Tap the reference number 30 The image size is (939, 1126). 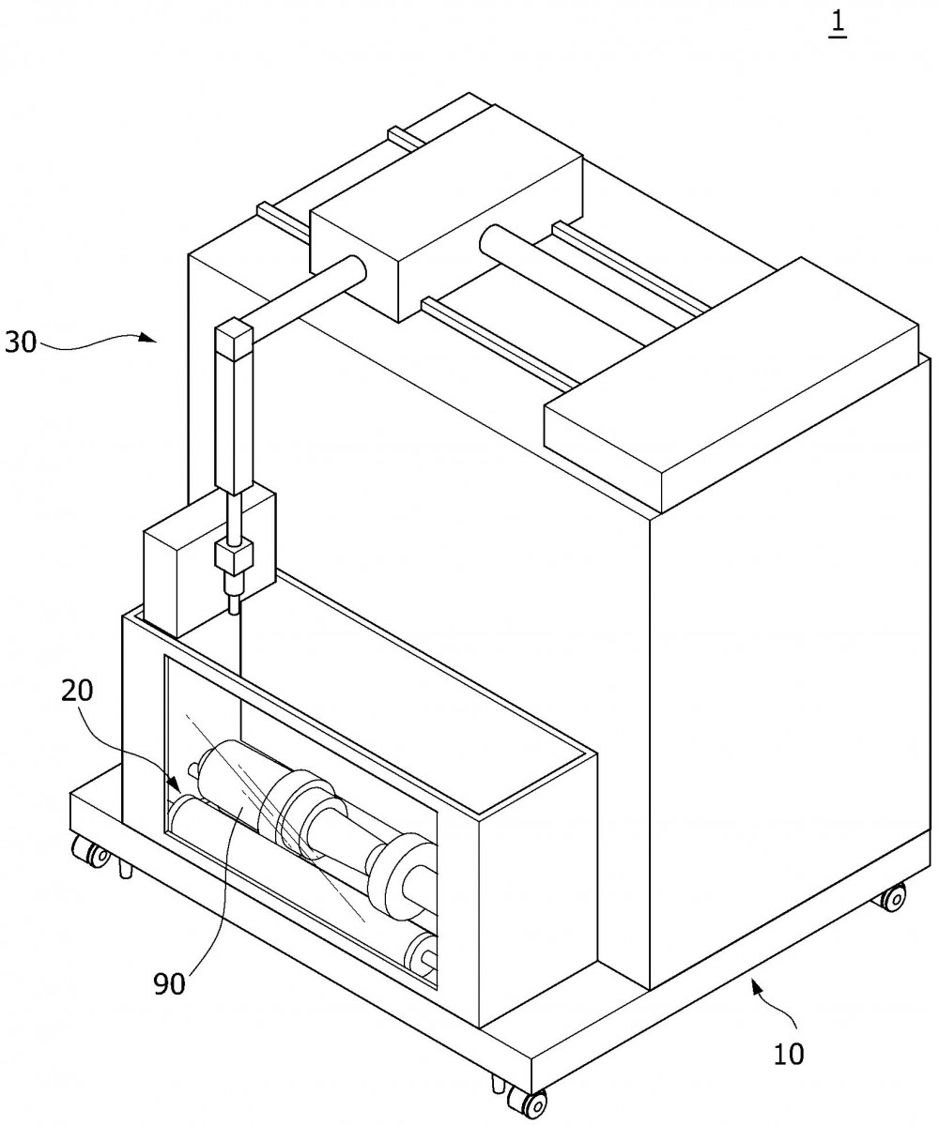click(x=21, y=342)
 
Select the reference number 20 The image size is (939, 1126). click(x=77, y=691)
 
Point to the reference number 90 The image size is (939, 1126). click(x=169, y=983)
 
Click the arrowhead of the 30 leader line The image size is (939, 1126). click(x=147, y=337)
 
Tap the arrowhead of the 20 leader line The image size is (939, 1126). click(x=175, y=784)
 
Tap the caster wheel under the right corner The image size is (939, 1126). click(x=893, y=897)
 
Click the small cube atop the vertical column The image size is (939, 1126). click(x=234, y=340)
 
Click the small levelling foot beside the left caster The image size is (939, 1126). click(x=126, y=869)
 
